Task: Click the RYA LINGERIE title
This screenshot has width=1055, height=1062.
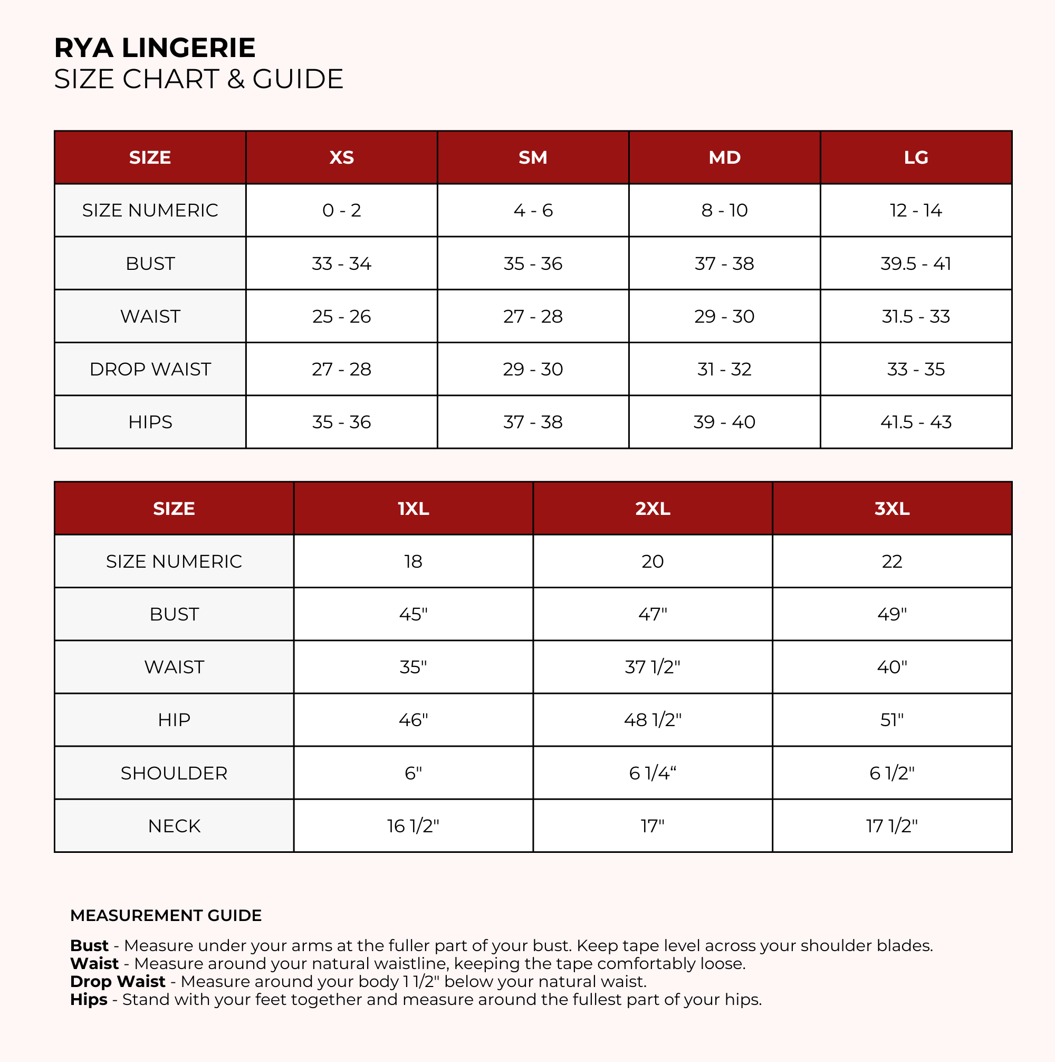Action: pyautogui.click(x=155, y=48)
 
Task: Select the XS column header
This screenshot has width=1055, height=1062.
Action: pyautogui.click(x=341, y=158)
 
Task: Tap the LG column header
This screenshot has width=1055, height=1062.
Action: pyautogui.click(x=916, y=158)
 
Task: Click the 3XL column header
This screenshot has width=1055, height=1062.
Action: pyautogui.click(x=891, y=509)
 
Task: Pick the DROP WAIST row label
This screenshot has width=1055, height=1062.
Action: pyautogui.click(x=150, y=369)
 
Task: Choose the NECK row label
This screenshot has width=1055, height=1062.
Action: pyautogui.click(x=174, y=826)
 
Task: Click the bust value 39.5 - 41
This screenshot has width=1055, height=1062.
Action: pyautogui.click(x=916, y=264)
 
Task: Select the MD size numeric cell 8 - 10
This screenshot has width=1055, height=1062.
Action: pyautogui.click(x=724, y=211)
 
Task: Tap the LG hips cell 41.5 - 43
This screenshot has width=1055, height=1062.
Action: pyautogui.click(x=916, y=422)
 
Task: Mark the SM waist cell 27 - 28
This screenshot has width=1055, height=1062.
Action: pyautogui.click(x=533, y=317)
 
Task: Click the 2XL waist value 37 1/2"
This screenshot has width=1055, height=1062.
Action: pyautogui.click(x=652, y=668)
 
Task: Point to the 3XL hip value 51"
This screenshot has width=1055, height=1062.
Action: pyautogui.click(x=891, y=720)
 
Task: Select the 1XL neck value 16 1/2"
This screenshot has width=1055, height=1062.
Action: pyautogui.click(x=413, y=826)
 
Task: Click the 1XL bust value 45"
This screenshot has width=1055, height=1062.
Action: pyautogui.click(x=413, y=615)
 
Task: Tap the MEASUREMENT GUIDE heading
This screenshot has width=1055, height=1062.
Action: pyautogui.click(x=166, y=915)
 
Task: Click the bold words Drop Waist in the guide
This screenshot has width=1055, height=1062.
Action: pyautogui.click(x=118, y=981)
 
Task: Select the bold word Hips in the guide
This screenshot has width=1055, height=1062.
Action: pyautogui.click(x=89, y=999)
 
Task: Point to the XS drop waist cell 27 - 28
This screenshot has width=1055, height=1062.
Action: pyautogui.click(x=341, y=369)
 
